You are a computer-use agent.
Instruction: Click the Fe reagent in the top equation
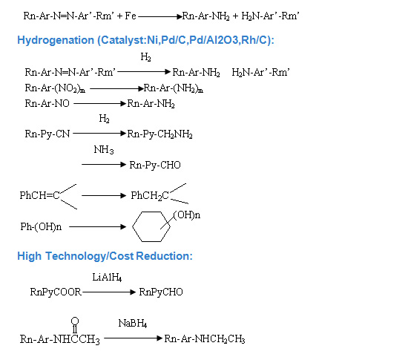coord(131,16)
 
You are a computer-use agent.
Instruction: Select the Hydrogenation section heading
coord(145,40)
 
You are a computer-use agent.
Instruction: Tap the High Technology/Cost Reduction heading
coord(105,256)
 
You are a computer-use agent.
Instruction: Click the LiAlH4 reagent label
coord(107,277)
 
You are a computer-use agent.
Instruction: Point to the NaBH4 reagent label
coord(133,324)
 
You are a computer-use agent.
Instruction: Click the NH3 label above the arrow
coord(104,150)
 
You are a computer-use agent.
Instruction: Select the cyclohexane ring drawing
coord(151,226)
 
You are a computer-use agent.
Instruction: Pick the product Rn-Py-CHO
coord(155,165)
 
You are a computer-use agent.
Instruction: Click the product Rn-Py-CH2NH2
coord(159,134)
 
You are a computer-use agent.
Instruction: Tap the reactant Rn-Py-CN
coord(47,134)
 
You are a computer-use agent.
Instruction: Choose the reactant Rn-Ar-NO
coord(47,104)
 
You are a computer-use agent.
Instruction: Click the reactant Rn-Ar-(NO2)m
coord(55,88)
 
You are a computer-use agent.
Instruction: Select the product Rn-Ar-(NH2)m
coord(174,88)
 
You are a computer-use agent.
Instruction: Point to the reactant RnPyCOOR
coord(56,292)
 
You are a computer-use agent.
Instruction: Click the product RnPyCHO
coord(161,292)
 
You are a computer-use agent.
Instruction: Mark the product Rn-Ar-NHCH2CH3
coord(205,339)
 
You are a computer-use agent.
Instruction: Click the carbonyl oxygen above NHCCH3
coord(75,321)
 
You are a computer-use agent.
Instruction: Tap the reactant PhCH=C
coord(40,195)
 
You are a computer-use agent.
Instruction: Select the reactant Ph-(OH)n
coord(41,226)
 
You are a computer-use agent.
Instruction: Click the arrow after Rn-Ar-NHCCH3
coord(134,338)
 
